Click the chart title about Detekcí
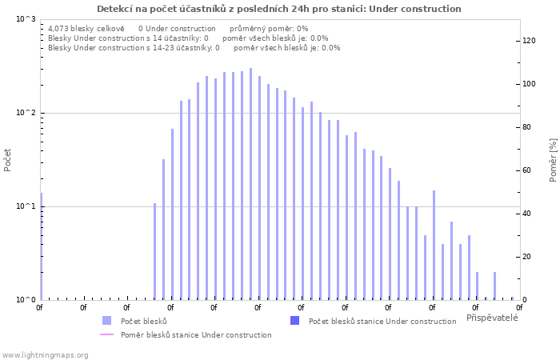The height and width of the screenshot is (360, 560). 279,9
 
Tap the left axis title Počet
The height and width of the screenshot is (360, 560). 8,159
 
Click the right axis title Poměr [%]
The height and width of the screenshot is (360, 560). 553,160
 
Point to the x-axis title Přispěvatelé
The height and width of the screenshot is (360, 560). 492,318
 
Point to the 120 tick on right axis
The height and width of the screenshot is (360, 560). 529,41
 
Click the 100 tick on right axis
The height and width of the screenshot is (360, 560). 529,84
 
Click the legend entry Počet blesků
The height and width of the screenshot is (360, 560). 143,321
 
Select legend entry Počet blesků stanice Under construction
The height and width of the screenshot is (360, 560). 382,321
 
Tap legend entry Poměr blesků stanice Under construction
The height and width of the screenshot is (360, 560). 196,334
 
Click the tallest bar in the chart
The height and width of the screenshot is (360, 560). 250,184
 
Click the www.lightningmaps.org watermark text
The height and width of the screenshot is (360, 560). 45,354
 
